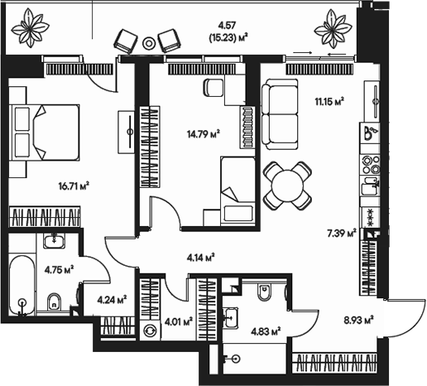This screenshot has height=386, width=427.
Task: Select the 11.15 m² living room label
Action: [328, 101]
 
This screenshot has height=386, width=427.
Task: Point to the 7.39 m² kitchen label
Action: [341, 234]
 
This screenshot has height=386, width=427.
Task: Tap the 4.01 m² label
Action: [179, 321]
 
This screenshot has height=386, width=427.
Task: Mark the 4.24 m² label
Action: [112, 300]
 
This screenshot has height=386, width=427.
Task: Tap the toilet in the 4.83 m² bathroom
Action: [265, 292]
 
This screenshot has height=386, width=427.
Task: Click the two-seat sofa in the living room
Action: [282, 116]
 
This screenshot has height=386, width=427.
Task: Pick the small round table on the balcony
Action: [149, 41]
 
